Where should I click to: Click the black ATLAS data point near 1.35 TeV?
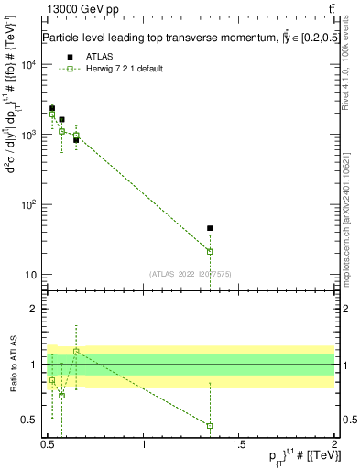(x=210, y=228)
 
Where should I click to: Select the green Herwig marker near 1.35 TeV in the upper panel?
(x=210, y=251)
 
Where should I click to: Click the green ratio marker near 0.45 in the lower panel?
(x=210, y=425)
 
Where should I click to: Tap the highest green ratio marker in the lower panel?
(x=76, y=351)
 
